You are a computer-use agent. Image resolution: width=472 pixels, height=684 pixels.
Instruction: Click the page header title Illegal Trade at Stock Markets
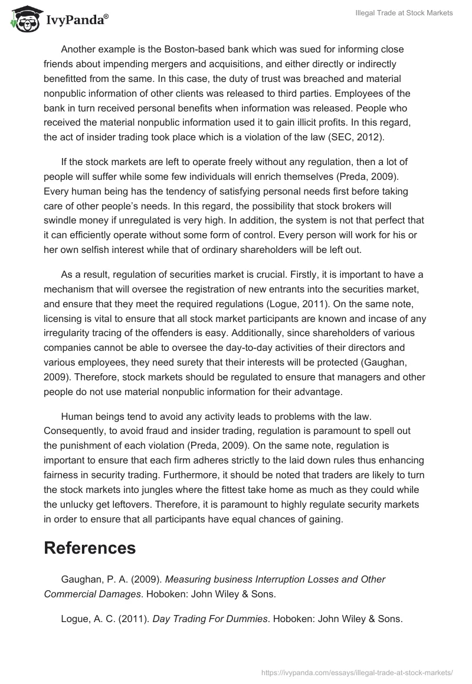pos(404,13)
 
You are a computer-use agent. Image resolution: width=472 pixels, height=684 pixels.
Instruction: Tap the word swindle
pos(65,221)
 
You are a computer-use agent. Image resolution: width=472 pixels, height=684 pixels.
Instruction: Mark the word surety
pos(221,363)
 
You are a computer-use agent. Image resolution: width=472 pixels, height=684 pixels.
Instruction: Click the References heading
pos(90,548)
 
